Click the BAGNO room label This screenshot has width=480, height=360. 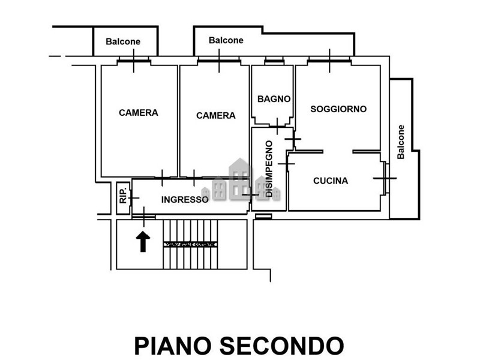(x=274, y=99)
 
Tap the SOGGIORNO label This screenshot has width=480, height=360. (x=338, y=109)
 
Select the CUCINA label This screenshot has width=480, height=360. (x=331, y=181)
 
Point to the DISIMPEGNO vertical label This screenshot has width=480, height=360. (x=269, y=169)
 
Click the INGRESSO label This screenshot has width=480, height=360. (x=185, y=199)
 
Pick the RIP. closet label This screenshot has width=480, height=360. (x=123, y=196)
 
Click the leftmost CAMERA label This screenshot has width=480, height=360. (x=139, y=113)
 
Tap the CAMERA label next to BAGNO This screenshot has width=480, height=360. (x=216, y=115)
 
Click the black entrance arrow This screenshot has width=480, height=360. (x=143, y=242)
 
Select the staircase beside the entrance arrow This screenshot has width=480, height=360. (x=189, y=244)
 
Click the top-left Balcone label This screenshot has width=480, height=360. (x=123, y=41)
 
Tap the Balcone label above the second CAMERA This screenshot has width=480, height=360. (x=226, y=40)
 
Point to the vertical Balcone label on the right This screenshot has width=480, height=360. (x=401, y=142)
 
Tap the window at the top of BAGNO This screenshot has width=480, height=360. (x=274, y=61)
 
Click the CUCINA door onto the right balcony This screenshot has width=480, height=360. (x=385, y=178)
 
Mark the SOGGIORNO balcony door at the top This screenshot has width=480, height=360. (x=329, y=60)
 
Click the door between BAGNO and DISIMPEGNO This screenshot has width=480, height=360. (x=277, y=127)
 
